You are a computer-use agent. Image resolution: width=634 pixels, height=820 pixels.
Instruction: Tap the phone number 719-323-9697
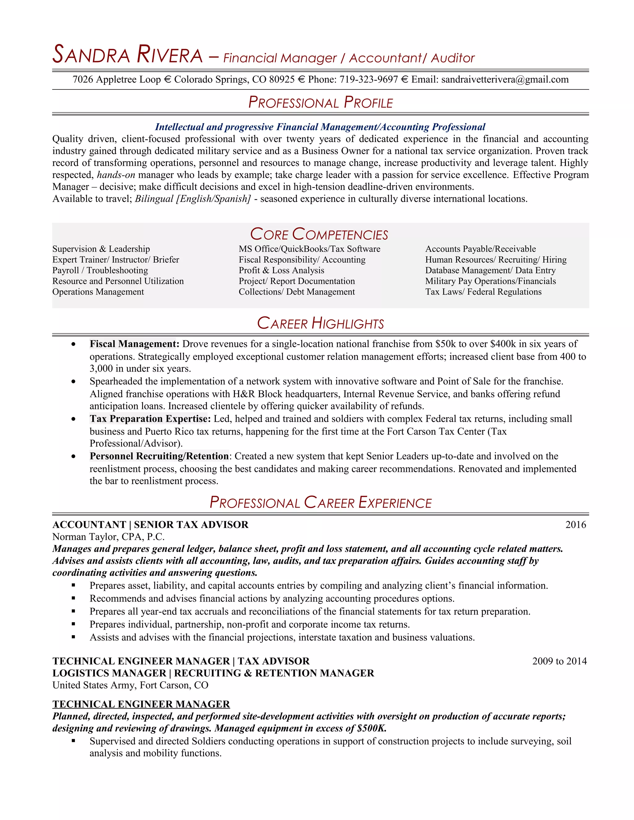pyautogui.click(x=368, y=80)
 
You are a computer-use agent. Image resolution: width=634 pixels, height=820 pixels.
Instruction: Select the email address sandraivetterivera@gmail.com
pyautogui.click(x=504, y=80)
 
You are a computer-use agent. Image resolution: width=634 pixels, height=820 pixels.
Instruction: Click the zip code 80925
pyautogui.click(x=282, y=80)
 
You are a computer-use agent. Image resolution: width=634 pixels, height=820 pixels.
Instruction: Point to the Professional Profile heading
pyautogui.click(x=320, y=102)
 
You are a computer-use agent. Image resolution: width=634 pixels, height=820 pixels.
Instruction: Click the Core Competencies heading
pyautogui.click(x=319, y=234)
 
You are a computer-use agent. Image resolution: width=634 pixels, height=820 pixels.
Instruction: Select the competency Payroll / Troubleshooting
pyautogui.click(x=100, y=270)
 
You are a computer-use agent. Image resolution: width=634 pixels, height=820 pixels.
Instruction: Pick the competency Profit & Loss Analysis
pyautogui.click(x=281, y=270)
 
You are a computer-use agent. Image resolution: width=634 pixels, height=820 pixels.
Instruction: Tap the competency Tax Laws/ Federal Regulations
pyautogui.click(x=483, y=292)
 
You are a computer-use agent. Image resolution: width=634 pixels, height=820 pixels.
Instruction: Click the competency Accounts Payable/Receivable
pyautogui.click(x=480, y=249)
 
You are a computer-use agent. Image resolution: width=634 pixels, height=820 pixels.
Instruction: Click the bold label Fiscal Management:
pyautogui.click(x=134, y=344)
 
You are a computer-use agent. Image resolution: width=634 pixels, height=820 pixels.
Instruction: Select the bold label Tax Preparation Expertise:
pyautogui.click(x=150, y=419)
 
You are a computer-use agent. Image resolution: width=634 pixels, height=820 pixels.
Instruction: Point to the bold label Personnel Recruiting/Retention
pyautogui.click(x=159, y=456)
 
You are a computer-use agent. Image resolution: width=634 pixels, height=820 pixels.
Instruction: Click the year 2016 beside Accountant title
pyautogui.click(x=575, y=525)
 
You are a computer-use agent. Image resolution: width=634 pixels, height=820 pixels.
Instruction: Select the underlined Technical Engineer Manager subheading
pyautogui.click(x=141, y=704)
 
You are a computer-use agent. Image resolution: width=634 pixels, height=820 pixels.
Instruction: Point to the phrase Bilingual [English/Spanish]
pyautogui.click(x=192, y=199)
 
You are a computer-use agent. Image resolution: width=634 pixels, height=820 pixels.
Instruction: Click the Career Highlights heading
pyautogui.click(x=320, y=324)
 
